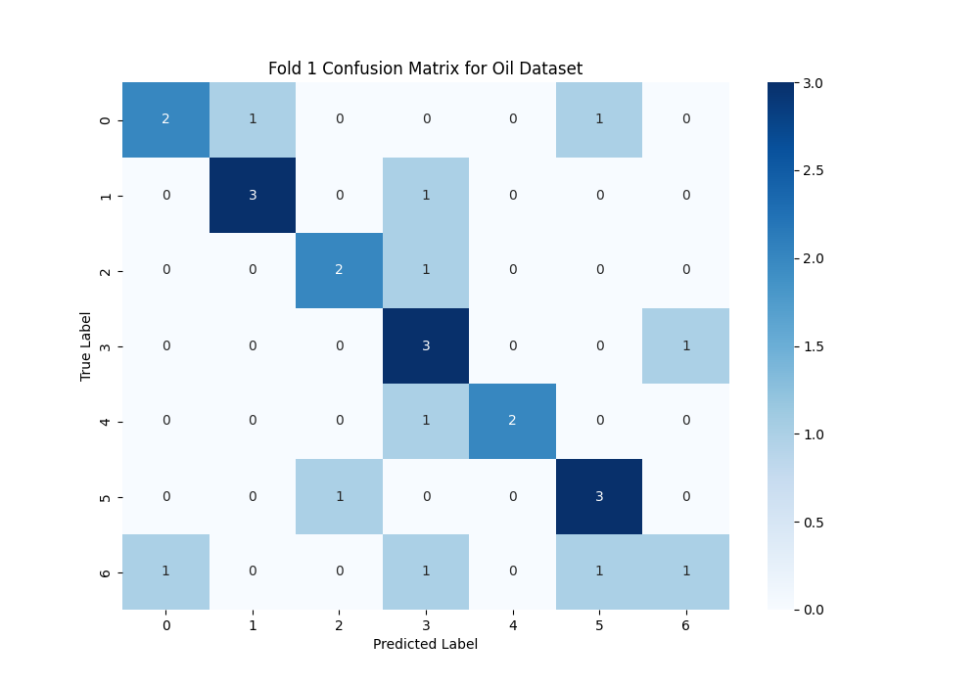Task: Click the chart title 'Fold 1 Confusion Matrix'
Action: (425, 68)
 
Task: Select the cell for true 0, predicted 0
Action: (165, 119)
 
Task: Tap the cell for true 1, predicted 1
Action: (253, 195)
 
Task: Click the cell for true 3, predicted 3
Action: (426, 345)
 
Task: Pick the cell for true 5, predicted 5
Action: (599, 496)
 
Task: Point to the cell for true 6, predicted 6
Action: (685, 571)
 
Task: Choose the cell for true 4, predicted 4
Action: (512, 421)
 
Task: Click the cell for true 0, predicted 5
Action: (599, 119)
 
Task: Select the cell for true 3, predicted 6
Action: (685, 345)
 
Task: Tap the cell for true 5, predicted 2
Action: (339, 496)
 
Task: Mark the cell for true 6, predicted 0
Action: (165, 571)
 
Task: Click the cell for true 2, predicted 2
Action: (339, 270)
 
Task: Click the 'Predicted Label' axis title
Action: (425, 645)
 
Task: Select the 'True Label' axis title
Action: (86, 345)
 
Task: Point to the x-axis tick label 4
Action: (512, 624)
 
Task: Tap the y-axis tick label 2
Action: (105, 270)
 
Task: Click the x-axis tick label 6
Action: (685, 624)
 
